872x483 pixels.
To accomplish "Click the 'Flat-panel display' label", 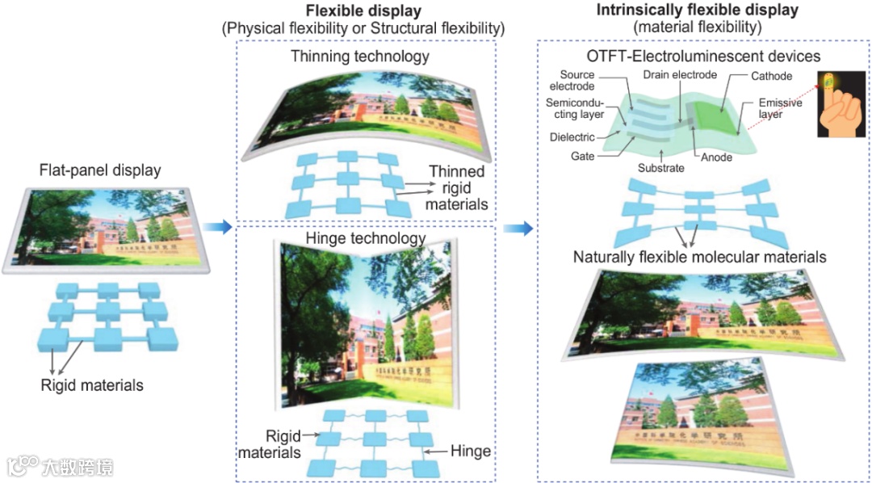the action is pyautogui.click(x=100, y=170).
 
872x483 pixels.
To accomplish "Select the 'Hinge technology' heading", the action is pyautogui.click(x=366, y=238).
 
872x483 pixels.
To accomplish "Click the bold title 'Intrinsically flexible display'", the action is pyautogui.click(x=697, y=10).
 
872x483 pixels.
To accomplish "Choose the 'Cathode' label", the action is pyautogui.click(x=772, y=77).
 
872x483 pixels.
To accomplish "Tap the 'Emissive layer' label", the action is pyautogui.click(x=780, y=110).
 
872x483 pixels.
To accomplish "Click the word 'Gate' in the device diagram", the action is pyautogui.click(x=582, y=156).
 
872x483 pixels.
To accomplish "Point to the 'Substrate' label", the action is pyautogui.click(x=662, y=168).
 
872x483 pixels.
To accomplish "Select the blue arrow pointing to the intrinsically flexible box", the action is pyautogui.click(x=518, y=228).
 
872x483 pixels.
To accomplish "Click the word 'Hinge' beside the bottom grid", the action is pyautogui.click(x=471, y=451).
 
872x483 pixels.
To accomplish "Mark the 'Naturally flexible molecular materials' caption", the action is pyautogui.click(x=699, y=257).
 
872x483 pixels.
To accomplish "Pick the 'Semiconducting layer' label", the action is pyautogui.click(x=576, y=109).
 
